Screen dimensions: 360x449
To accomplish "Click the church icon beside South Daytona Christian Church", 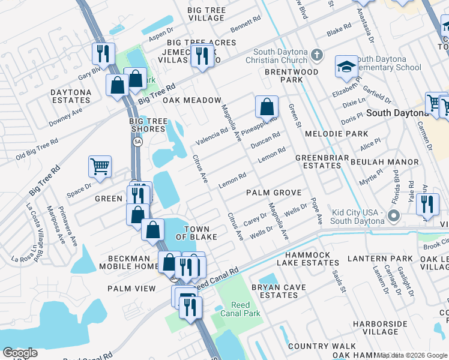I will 318,56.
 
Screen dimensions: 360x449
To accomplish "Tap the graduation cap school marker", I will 346,68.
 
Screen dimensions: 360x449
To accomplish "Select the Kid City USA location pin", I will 394,215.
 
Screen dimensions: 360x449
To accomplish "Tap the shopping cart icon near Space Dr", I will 100,167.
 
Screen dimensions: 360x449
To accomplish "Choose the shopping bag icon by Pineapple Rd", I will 267,107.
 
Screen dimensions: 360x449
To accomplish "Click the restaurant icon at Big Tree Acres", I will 202,56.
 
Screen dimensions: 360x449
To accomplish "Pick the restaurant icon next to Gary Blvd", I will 103,54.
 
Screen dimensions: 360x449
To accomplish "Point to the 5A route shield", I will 137,142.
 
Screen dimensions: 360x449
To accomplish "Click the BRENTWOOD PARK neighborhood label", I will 291,76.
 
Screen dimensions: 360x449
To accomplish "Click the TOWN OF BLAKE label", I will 196,233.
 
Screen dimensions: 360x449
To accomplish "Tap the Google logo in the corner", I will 20,353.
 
